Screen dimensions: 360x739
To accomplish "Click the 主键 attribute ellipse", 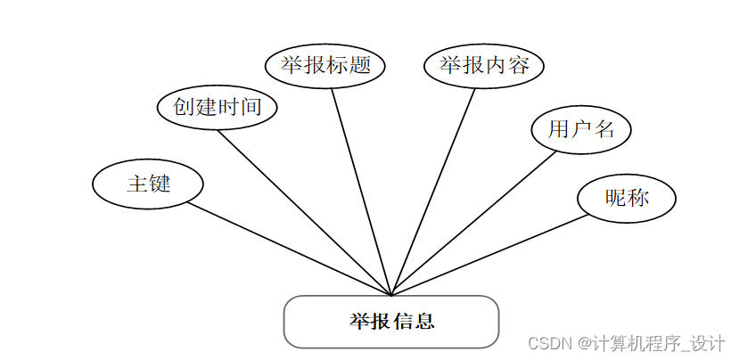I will pos(148,184).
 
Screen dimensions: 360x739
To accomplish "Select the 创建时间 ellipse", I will pos(218,107).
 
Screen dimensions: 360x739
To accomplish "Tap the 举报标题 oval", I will pos(325,66).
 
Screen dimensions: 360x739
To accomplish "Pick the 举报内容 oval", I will pos(483,66).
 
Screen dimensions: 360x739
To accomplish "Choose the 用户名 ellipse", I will pos(581,129).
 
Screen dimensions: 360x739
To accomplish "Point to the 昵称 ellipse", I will pos(627,197).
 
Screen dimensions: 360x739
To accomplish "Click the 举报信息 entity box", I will pos(390,321).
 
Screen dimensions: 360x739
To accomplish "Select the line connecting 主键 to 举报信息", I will pos(290,250).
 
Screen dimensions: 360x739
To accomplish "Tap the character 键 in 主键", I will pos(160,184).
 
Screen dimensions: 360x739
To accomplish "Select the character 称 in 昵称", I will pos(638,197).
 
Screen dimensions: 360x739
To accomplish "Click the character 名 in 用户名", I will pos(604,129).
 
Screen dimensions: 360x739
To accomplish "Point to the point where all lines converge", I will pos(391,295).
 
